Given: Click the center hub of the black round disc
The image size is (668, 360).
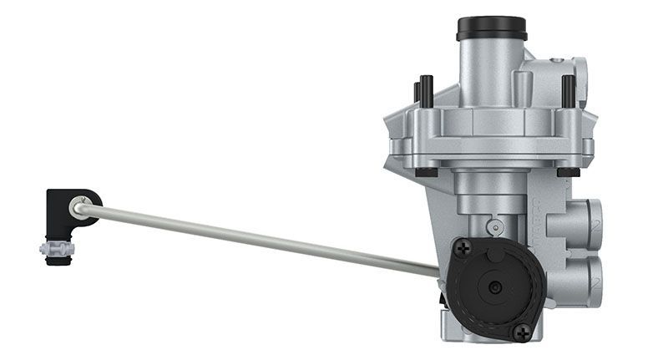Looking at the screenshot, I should pyautogui.click(x=495, y=287).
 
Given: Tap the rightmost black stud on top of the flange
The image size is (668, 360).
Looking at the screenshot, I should pyautogui.click(x=568, y=89).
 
